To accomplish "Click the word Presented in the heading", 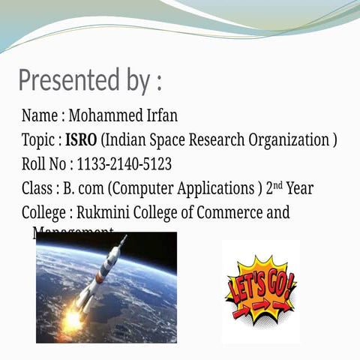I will coord(65,79).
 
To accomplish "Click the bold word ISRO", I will coord(81,140).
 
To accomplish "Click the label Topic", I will coord(38,140).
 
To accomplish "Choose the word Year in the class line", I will coord(299,188).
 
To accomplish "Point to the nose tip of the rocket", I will coord(124,238).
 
